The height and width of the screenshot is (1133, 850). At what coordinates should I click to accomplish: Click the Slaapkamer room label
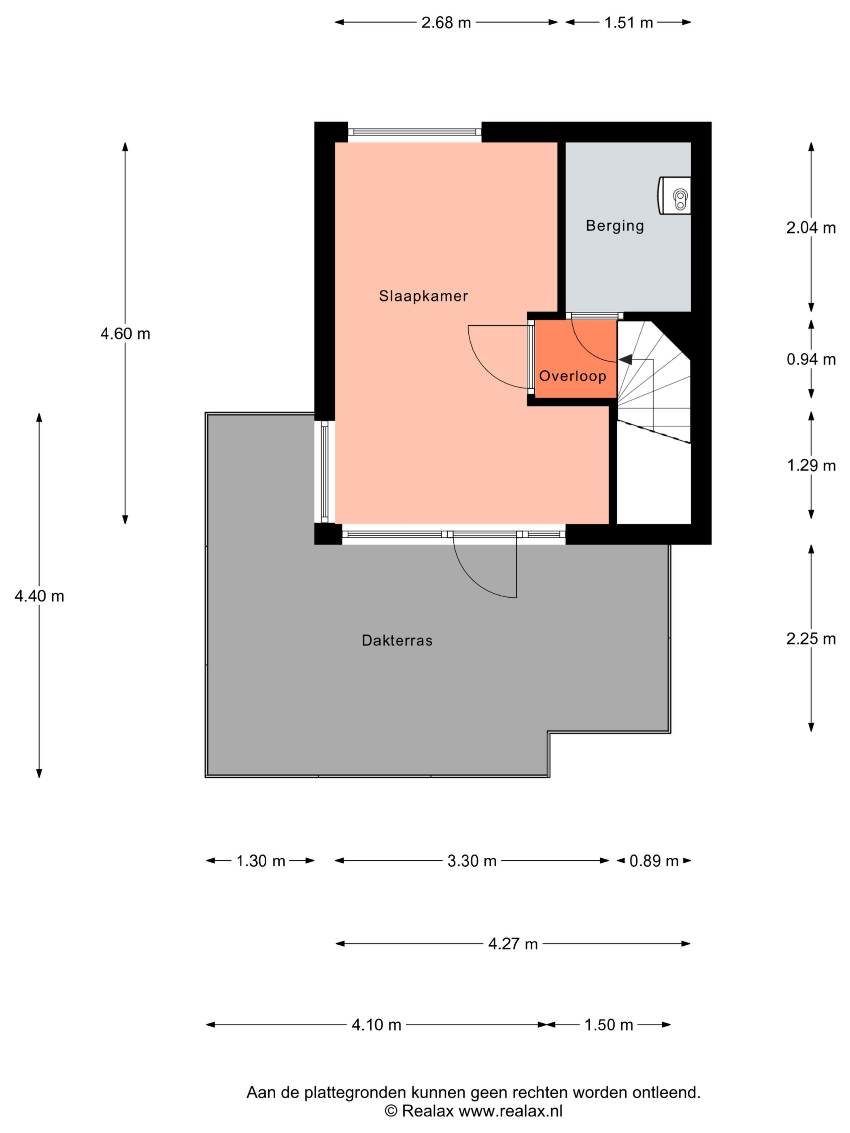click(x=423, y=296)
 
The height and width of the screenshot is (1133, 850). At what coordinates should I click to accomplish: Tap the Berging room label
click(x=614, y=225)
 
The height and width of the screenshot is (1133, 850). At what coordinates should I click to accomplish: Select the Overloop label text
click(x=572, y=376)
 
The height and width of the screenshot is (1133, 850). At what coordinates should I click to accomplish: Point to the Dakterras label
click(x=397, y=640)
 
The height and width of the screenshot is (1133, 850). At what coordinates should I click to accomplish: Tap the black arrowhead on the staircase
click(x=626, y=360)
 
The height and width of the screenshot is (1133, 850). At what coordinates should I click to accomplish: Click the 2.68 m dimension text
click(x=446, y=23)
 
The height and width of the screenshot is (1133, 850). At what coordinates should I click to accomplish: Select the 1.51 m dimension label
click(x=628, y=23)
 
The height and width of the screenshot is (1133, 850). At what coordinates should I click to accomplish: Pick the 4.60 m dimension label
click(x=125, y=334)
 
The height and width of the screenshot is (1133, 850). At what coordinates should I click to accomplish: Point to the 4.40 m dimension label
click(x=39, y=596)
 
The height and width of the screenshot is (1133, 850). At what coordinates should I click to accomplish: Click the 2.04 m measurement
click(x=811, y=228)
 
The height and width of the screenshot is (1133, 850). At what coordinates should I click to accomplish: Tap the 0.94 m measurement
click(x=811, y=360)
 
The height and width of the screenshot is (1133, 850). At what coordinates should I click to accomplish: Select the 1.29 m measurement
click(x=811, y=466)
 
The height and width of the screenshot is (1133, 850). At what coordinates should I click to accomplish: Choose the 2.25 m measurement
click(x=811, y=639)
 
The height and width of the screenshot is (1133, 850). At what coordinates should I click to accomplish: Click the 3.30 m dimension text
click(x=472, y=861)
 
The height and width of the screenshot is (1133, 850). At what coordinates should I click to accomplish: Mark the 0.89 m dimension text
click(x=653, y=861)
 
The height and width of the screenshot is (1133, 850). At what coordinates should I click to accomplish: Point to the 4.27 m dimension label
click(x=512, y=944)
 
